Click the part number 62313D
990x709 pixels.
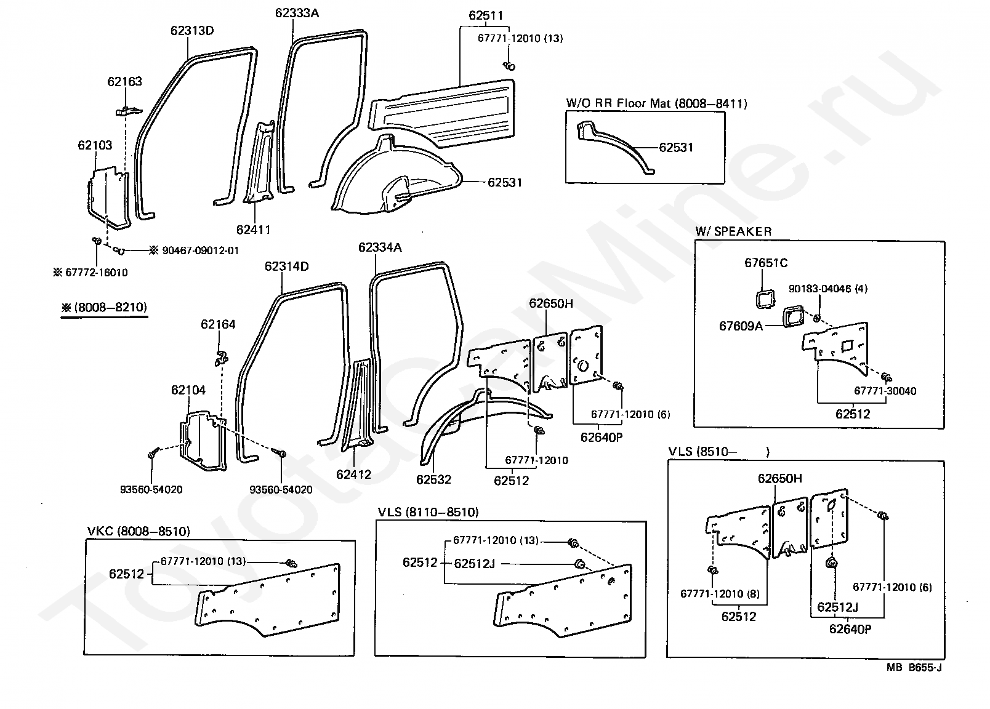tap(192, 31)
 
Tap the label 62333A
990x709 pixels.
tap(297, 13)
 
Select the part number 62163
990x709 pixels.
tap(124, 81)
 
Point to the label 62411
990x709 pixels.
tap(253, 230)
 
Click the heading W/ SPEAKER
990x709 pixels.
tap(733, 231)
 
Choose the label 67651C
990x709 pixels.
tap(766, 263)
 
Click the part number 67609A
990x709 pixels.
tap(741, 326)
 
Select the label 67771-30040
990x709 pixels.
tap(885, 391)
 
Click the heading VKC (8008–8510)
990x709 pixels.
tap(139, 531)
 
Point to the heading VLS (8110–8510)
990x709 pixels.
tap(429, 512)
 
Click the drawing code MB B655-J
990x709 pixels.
tap(914, 667)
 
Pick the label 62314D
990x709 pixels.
tap(287, 266)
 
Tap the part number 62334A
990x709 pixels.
tap(380, 247)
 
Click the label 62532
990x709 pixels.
tap(433, 479)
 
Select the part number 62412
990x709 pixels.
tap(353, 474)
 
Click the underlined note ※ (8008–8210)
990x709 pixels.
tap(104, 307)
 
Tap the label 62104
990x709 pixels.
tap(188, 390)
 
